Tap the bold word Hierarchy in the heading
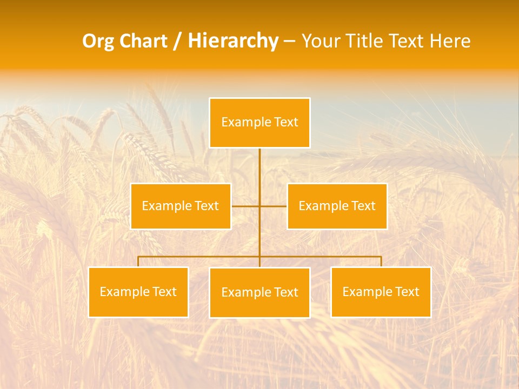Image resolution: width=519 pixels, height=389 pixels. click(x=233, y=41)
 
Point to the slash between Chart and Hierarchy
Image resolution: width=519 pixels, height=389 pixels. click(x=177, y=41)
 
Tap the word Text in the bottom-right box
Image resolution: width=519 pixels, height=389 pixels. click(x=407, y=292)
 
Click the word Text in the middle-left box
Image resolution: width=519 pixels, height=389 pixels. click(x=207, y=206)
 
